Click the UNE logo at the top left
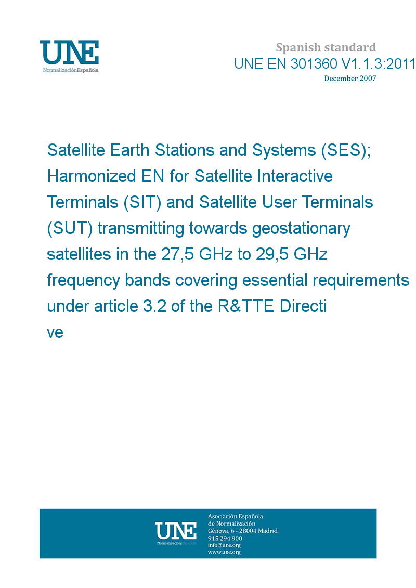click(69, 56)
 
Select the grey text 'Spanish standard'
click(326, 48)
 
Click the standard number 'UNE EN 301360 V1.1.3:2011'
click(324, 64)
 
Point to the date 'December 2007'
click(350, 79)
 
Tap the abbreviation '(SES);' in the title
click(346, 150)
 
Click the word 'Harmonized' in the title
click(92, 176)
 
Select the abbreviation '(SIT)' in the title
click(142, 203)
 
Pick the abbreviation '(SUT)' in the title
click(70, 228)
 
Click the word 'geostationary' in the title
click(301, 229)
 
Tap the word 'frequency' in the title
click(83, 281)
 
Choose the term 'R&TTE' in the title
click(245, 306)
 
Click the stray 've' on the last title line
click(55, 333)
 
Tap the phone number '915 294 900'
click(225, 538)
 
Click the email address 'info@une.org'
click(224, 545)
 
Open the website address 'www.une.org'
click(224, 552)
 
